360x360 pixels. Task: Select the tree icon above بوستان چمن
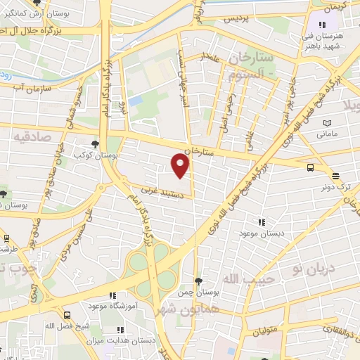click(x=198, y=281)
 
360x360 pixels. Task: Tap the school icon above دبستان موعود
click(x=262, y=222)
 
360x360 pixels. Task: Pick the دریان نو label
click(x=315, y=269)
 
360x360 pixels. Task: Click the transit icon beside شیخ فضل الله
click(x=67, y=316)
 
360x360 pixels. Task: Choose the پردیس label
click(x=237, y=20)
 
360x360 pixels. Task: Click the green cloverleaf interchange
click(x=150, y=270)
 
